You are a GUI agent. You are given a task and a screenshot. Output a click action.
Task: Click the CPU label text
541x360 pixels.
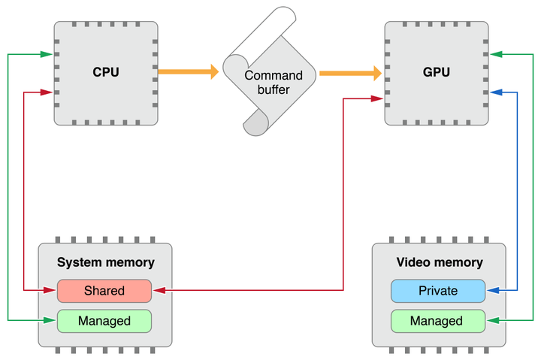106,72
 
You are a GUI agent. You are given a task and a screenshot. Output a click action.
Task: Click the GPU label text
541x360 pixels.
437,72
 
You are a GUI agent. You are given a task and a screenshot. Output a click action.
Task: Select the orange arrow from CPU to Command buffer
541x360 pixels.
188,72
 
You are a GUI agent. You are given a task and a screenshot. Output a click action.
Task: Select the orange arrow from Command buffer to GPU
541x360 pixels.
350,73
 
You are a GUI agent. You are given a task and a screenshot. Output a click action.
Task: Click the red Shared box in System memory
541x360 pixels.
104,290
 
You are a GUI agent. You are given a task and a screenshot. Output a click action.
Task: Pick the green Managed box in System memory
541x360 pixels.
104,321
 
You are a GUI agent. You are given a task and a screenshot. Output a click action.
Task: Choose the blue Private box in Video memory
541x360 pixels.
437,290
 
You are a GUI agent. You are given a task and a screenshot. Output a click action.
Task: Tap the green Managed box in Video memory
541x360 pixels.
437,321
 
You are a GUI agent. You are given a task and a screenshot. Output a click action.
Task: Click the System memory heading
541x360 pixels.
106,262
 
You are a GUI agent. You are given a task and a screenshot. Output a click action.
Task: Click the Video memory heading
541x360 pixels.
439,262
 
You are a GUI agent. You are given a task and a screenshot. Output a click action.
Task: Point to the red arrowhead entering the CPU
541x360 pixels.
48,92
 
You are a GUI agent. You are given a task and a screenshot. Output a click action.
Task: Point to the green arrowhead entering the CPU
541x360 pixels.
48,54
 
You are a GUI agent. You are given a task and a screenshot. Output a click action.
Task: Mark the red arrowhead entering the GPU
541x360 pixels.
378,98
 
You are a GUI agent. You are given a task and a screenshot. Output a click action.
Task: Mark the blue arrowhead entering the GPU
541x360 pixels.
495,92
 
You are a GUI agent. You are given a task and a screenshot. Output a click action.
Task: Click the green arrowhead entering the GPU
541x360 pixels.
495,54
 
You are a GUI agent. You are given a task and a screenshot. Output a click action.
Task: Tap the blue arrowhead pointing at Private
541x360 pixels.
492,290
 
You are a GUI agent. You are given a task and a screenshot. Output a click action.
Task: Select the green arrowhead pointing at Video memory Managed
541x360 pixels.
492,321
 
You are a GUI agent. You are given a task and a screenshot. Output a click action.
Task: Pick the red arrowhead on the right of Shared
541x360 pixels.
159,290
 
